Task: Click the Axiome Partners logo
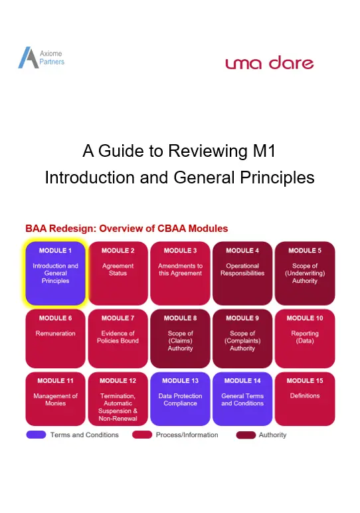41,58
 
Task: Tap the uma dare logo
270,62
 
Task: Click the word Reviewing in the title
208,151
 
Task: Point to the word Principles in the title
277,177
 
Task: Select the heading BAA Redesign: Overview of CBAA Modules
127,229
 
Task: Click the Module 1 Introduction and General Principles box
55,273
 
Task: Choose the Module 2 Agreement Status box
118,273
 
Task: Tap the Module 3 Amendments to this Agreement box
180,273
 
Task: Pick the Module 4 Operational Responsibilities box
242,273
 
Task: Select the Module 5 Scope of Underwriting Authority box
305,273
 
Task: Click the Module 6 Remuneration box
55,339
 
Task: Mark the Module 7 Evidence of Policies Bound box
118,339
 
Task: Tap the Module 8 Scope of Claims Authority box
180,339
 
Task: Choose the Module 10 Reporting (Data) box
305,339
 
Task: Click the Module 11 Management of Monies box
55,399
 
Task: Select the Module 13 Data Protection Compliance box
180,399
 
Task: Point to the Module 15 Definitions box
305,399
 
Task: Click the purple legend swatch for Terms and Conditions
36,435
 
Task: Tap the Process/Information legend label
187,435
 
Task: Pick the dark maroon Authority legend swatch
246,435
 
